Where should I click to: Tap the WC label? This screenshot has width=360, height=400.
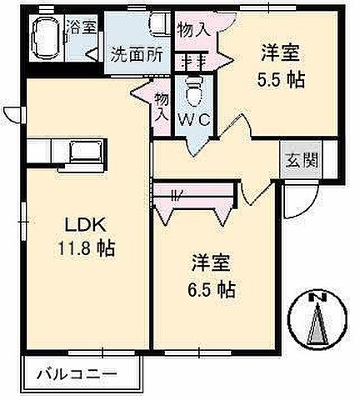pyautogui.click(x=197, y=118)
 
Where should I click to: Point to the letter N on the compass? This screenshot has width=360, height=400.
pyautogui.click(x=314, y=297)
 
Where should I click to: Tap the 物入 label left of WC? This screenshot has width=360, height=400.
pyautogui.click(x=162, y=107)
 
